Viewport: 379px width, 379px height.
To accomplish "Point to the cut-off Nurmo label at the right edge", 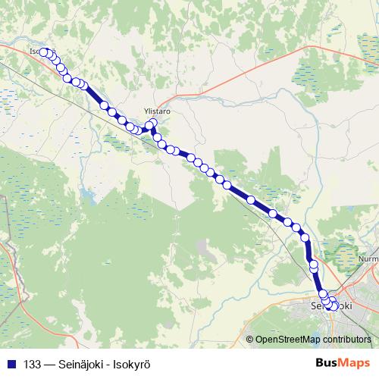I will tap(369, 258).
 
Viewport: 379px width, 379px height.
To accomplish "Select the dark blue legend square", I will tap(11, 364).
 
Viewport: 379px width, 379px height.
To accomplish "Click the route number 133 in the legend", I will tap(33, 364).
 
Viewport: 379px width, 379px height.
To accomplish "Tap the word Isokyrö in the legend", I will tap(127, 364).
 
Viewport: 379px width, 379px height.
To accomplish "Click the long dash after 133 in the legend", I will tap(49, 364).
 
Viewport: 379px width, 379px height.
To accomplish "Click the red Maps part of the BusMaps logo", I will tap(355, 363).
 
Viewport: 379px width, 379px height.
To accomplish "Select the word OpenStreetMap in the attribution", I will tap(287, 340).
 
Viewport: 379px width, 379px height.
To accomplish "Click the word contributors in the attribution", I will tap(345, 340).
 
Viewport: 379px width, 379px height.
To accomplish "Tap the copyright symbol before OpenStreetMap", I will tap(250, 340).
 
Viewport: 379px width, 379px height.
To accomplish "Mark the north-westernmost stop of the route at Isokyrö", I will tap(44, 52).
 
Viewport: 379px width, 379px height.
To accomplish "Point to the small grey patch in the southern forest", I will tap(200, 246).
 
